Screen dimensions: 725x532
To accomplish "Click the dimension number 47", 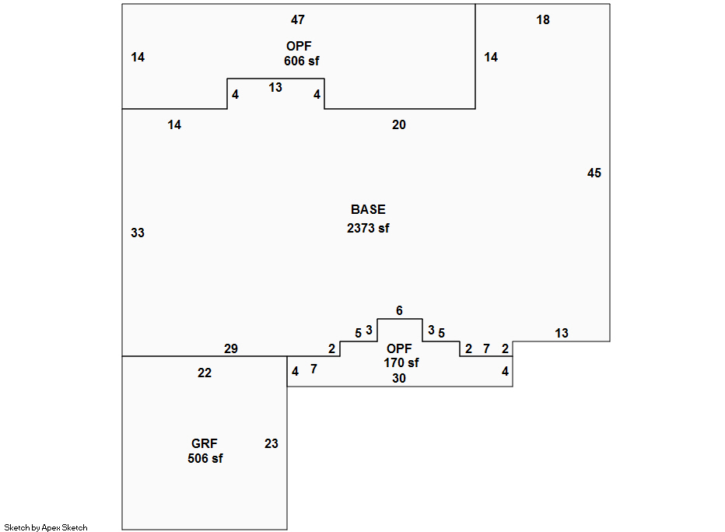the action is (298, 20).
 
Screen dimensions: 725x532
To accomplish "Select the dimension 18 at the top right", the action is (543, 20).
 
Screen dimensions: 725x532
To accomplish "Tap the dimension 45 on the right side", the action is (594, 173).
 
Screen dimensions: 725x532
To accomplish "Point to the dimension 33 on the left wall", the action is (138, 233).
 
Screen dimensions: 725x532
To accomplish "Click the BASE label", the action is (368, 209).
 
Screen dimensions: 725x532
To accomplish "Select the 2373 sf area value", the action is (368, 228).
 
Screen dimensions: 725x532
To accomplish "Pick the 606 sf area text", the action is (302, 61).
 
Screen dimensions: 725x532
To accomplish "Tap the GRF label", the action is (205, 443).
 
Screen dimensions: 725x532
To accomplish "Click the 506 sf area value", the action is (205, 458).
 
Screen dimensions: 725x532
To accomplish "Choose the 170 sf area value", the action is (401, 362).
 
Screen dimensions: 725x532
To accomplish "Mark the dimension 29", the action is (231, 348).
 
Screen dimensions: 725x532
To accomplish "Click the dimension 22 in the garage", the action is (205, 373).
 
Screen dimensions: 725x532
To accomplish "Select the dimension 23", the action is (271, 443).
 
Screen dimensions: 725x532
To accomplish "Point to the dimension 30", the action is (399, 378).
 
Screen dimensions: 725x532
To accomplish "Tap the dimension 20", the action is (399, 124).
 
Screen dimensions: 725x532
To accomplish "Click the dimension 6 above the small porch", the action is (400, 310).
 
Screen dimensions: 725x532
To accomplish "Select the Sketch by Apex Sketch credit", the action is (46, 527).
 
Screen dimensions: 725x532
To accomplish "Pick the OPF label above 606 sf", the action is (299, 46).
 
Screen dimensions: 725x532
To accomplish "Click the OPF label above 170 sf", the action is (399, 348).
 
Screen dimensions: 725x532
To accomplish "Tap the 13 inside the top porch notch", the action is (275, 87).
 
